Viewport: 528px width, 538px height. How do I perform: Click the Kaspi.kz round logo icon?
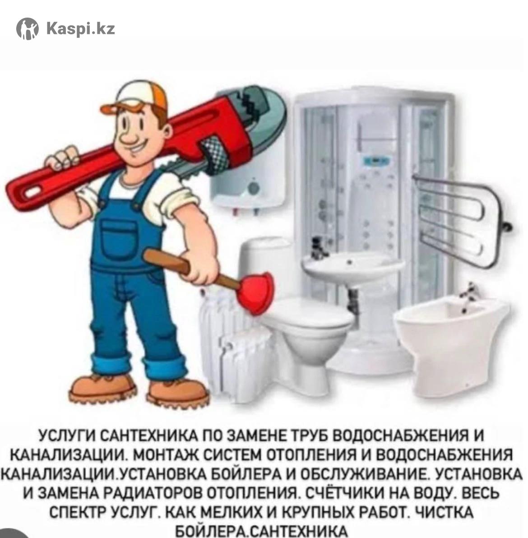28,29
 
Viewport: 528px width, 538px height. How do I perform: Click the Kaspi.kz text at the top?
81,29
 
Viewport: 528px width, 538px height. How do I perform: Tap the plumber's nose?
130,136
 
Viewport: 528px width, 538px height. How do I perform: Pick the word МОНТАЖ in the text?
167,455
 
